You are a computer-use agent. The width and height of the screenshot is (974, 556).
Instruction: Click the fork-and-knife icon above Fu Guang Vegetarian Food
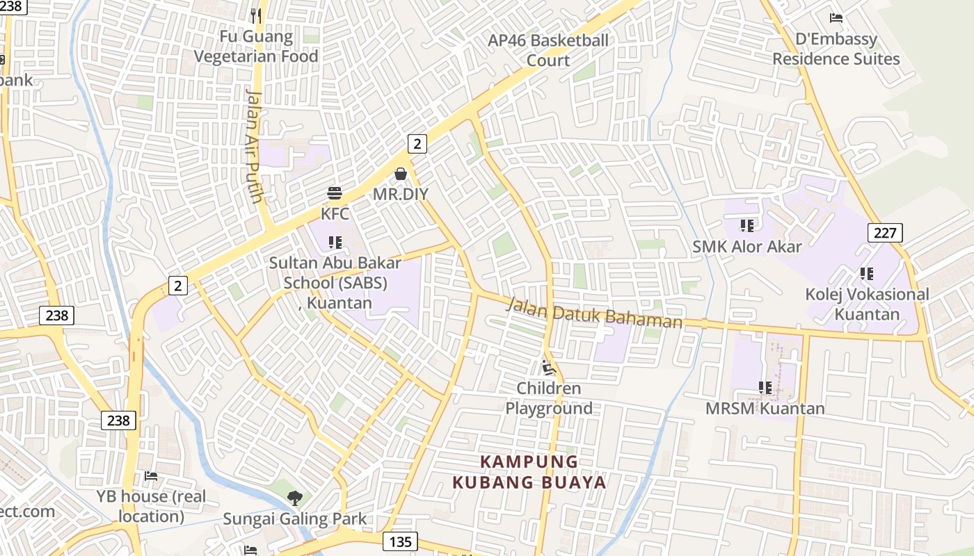point(256,15)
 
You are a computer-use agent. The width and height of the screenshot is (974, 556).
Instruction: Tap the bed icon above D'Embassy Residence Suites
point(836,18)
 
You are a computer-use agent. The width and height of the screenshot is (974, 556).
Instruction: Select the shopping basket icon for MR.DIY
point(401,174)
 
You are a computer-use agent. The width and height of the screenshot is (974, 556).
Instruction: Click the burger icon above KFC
point(335,193)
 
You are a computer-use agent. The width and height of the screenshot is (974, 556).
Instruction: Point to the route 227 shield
point(885,232)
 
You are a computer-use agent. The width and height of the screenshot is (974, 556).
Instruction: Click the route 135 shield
point(400,541)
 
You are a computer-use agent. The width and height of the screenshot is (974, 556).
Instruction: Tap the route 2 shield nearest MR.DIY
point(417,144)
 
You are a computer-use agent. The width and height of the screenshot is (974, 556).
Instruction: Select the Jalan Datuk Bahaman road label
point(595,313)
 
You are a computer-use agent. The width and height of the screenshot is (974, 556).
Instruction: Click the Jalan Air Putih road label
point(255,146)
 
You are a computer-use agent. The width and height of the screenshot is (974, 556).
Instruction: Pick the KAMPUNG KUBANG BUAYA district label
point(529,472)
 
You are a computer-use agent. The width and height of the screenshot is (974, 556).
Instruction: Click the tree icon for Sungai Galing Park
point(295,497)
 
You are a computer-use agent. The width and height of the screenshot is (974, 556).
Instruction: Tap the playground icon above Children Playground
point(549,368)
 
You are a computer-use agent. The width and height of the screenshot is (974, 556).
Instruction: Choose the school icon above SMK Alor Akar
point(747,226)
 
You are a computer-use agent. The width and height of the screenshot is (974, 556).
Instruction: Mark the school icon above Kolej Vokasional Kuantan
point(866,274)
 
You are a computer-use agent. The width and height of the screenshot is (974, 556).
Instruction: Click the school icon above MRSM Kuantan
point(765,388)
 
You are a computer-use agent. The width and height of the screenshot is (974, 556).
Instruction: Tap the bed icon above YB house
point(151,476)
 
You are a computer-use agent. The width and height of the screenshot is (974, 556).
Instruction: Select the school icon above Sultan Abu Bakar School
point(335,243)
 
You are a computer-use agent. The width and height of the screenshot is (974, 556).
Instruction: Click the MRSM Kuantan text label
point(765,409)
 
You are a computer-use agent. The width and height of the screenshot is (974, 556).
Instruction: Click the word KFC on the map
point(335,213)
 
